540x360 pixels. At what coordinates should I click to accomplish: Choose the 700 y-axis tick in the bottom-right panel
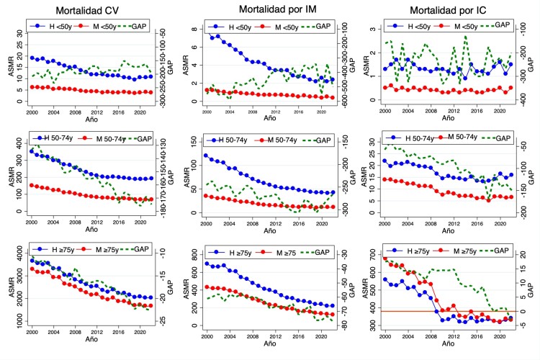(376, 257)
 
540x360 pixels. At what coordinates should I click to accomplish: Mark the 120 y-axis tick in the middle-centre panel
(197, 155)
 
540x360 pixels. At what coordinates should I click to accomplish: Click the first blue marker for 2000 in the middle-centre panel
(207, 155)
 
